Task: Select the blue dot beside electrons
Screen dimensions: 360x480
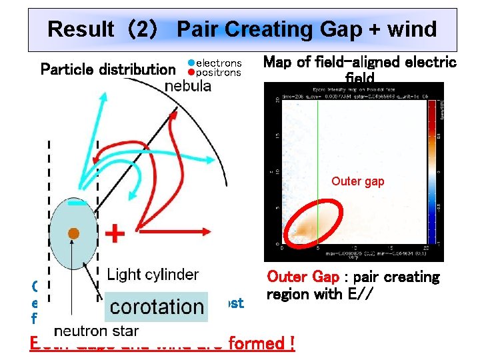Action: pos(191,63)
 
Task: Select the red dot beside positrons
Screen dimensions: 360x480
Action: pos(191,73)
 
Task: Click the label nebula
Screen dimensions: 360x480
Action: pos(188,86)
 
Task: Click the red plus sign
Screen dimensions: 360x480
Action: pos(115,234)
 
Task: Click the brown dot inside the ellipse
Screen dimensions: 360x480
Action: pos(74,233)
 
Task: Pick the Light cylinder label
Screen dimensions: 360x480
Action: pos(153,274)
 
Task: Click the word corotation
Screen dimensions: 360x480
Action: pos(157,306)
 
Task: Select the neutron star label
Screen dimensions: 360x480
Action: pos(96,330)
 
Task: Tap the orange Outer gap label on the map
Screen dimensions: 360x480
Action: pos(358,181)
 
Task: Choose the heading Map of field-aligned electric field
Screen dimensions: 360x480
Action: pos(360,69)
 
